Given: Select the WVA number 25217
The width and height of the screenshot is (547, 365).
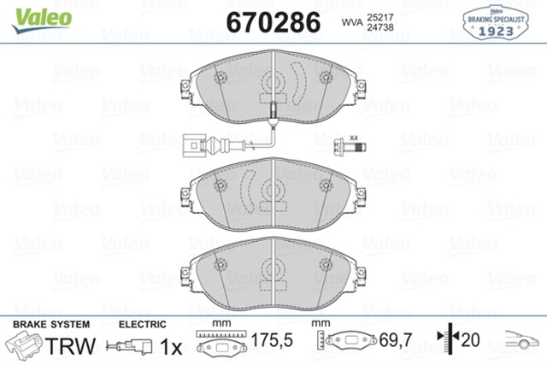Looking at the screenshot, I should click(380, 15).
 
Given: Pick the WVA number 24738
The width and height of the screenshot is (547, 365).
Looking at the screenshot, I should click(380, 27).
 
